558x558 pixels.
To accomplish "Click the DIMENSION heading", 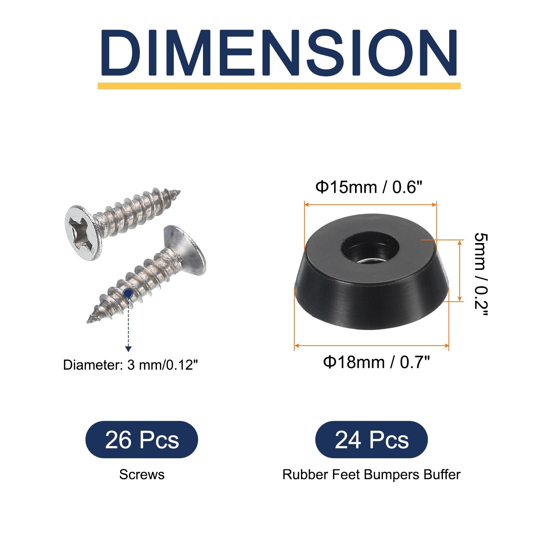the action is coord(279,53).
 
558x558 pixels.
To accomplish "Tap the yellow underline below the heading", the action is coord(279,86).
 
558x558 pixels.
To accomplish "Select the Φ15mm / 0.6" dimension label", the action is coord(369,187).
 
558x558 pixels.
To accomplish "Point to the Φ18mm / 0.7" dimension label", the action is coord(377,362).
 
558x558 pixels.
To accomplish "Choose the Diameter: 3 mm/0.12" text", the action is coord(130,365).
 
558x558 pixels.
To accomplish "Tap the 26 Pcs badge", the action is coord(142,440).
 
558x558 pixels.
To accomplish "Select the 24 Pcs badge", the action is coord(371,440).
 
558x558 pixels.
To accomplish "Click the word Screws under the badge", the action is coord(142,475).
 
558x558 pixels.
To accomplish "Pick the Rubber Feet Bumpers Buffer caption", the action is coord(371,475).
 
